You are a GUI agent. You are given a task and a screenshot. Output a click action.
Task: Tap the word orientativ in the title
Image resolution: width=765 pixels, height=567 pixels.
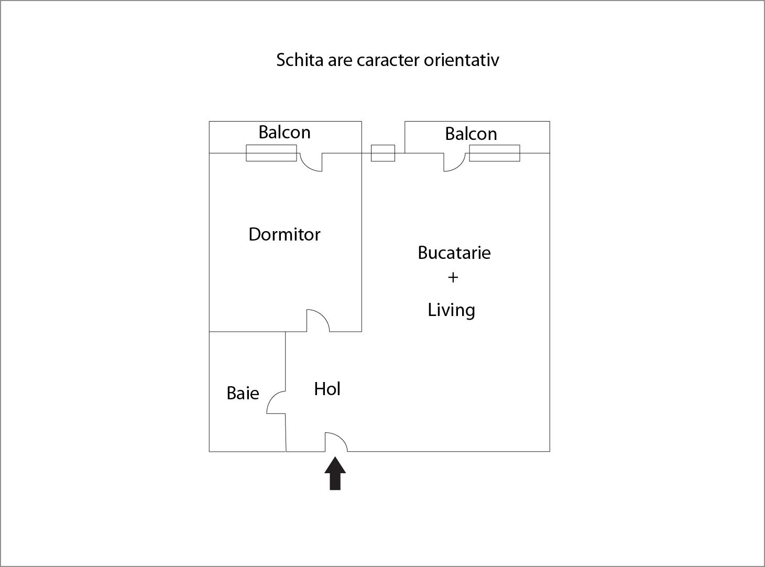coord(462,60)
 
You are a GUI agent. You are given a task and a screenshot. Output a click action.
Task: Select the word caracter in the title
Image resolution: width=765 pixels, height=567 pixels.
coord(388,60)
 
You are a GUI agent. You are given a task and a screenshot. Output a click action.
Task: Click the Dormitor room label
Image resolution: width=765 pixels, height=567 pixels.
coord(285,235)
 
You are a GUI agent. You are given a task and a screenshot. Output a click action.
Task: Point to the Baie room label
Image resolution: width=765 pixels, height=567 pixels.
coord(243,393)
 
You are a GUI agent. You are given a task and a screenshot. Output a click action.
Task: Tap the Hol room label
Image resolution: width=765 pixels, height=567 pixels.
coord(327,389)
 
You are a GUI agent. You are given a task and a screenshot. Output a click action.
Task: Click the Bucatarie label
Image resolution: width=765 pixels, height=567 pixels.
coord(454,253)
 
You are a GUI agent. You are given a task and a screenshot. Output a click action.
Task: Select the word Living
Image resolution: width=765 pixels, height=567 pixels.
coord(452,310)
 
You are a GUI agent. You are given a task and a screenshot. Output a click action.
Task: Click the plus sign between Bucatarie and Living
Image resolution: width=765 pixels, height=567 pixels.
coord(453,277)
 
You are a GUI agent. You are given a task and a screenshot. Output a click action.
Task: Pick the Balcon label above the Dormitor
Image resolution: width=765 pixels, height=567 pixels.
coord(285,132)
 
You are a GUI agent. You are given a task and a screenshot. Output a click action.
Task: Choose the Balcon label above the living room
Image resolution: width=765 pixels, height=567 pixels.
coord(471,134)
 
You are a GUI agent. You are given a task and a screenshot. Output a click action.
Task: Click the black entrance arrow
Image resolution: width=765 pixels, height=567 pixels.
coord(335,473)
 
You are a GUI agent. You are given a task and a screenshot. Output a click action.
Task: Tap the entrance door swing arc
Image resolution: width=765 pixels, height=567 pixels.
coord(336,442)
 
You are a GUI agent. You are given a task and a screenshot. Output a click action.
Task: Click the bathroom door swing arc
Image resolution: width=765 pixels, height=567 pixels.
coord(276,402)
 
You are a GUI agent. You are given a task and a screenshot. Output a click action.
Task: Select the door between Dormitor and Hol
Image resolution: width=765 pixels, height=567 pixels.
coord(318,321)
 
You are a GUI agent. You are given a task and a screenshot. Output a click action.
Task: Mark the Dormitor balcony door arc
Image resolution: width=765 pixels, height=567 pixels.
coord(311,162)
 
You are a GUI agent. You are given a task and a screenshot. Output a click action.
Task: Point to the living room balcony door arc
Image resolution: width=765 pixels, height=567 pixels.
coord(455,162)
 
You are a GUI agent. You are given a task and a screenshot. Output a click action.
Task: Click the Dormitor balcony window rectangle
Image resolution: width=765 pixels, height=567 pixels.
coord(271,153)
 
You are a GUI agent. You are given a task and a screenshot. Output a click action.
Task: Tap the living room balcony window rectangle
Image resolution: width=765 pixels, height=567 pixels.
coord(495,153)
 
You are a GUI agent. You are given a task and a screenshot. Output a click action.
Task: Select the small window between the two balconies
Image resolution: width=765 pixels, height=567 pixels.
coord(383,153)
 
